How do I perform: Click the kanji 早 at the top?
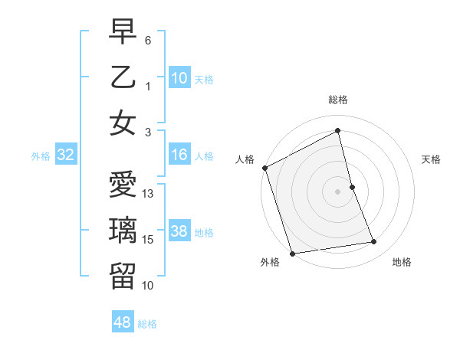(123, 31)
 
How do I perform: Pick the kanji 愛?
(123, 185)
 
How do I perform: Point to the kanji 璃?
(123, 231)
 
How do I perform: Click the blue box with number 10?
(179, 77)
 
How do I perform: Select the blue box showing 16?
(179, 155)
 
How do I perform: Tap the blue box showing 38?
(179, 232)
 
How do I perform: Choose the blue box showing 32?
(66, 155)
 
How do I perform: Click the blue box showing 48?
(123, 323)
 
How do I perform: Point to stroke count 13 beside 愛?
(149, 194)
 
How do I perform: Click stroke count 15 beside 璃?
(149, 240)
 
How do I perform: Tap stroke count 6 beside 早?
(149, 39)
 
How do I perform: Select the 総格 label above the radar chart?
(338, 100)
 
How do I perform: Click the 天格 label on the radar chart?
(432, 159)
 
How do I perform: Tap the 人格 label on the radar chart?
(245, 159)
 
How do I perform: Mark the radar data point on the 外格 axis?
(291, 253)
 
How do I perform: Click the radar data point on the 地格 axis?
(374, 242)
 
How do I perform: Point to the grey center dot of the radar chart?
(338, 191)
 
